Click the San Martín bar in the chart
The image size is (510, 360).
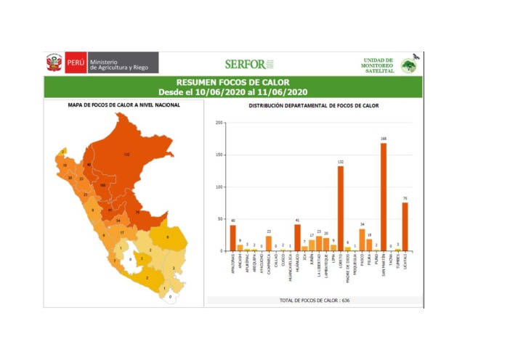pyautogui.click(x=383, y=197)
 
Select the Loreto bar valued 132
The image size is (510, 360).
pyautogui.click(x=340, y=208)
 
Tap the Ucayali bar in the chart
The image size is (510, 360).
pyautogui.click(x=405, y=226)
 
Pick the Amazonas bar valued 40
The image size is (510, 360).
pyautogui.click(x=233, y=238)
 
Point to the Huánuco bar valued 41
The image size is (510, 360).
pyautogui.click(x=297, y=237)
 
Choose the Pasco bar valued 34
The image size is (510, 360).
pyautogui.click(x=362, y=240)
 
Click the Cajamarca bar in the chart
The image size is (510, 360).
pyautogui.click(x=269, y=243)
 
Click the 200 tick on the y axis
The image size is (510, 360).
pyautogui.click(x=219, y=123)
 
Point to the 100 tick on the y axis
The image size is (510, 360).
pyautogui.click(x=219, y=187)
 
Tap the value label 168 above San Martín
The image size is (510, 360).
pyautogui.click(x=383, y=139)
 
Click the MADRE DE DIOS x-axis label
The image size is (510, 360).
pyautogui.click(x=347, y=269)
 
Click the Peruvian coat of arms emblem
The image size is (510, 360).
pyautogui.click(x=54, y=63)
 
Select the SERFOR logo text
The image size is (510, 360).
pyautogui.click(x=245, y=64)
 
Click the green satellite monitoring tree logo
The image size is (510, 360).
pyautogui.click(x=410, y=66)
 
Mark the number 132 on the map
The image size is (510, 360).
pyautogui.click(x=126, y=155)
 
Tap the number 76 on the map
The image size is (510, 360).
pyautogui.click(x=138, y=212)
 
